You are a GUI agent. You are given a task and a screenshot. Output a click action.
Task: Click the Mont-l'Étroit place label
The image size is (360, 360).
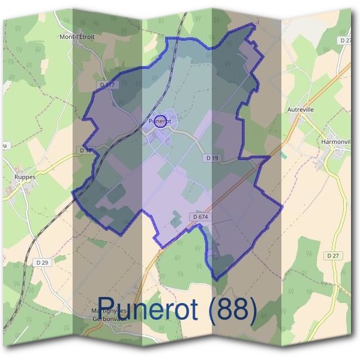point(77,37)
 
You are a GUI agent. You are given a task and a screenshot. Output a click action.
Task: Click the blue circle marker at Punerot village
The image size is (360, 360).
point(160,121)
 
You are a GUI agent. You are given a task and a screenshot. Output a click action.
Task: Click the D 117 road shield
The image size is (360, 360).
point(108,85)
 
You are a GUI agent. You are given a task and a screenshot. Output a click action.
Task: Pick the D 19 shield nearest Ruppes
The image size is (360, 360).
point(85,150)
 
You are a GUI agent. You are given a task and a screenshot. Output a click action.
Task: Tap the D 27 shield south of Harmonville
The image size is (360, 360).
point(334,256)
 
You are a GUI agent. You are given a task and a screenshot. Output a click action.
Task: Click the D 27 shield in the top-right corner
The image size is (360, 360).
point(345,40)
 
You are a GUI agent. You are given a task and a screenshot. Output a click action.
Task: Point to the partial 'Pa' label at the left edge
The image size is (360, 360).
point(4,145)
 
